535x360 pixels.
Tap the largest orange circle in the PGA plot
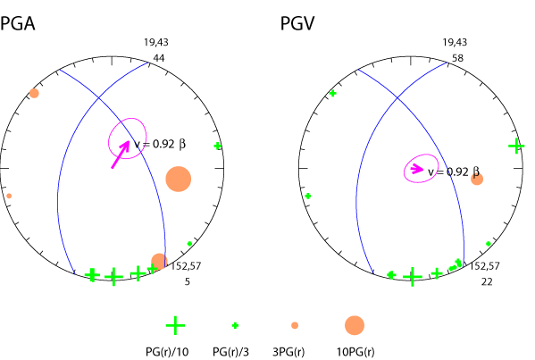179,179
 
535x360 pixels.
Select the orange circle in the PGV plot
477,180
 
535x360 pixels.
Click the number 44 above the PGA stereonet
160,57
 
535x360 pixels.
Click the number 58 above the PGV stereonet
457,57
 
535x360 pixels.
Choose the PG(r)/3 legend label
234,349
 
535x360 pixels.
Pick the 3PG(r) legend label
295,349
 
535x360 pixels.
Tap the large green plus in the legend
176,325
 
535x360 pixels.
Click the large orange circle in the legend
355,325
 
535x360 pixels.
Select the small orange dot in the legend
295,325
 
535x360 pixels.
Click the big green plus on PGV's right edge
515,146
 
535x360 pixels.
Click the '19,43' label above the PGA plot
155,43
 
